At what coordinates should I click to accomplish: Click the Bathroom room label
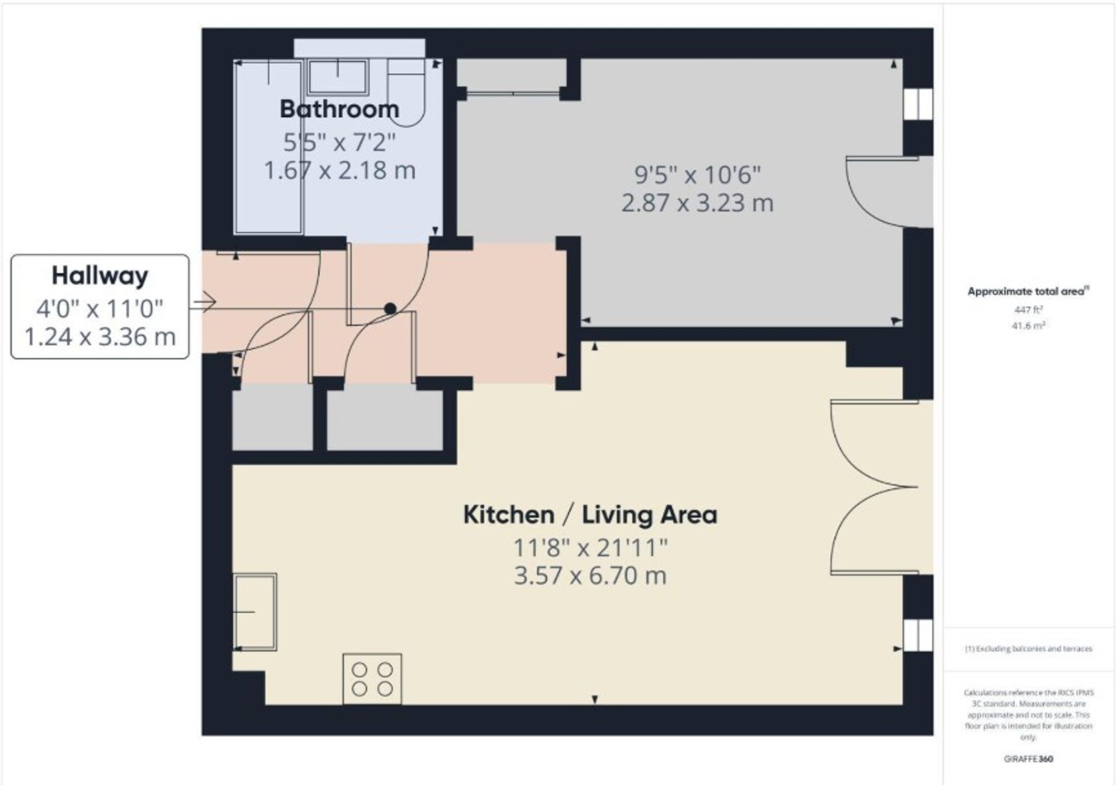coord(339,109)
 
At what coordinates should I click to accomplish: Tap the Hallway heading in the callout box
coord(100,276)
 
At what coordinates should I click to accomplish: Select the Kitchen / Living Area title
coord(590,514)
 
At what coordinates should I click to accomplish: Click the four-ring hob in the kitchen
coord(372,678)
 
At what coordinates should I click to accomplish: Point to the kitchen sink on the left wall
coord(255,612)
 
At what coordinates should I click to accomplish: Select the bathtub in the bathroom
coord(268,147)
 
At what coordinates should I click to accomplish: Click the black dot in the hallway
coord(390,309)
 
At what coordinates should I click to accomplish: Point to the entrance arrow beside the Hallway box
coord(203,303)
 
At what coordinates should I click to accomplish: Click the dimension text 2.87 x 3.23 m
coord(698,203)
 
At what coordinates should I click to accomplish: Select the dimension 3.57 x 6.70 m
coord(590,575)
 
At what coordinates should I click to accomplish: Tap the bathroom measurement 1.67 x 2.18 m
coord(339,170)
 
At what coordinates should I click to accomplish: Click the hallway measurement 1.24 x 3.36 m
coord(100,336)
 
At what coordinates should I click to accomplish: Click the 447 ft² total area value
coord(1028,310)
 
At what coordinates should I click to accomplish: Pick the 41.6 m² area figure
coord(1028,325)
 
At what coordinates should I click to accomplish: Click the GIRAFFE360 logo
coord(1028,759)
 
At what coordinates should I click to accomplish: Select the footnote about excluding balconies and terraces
coord(1028,649)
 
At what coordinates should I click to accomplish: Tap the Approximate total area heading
coord(1028,291)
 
